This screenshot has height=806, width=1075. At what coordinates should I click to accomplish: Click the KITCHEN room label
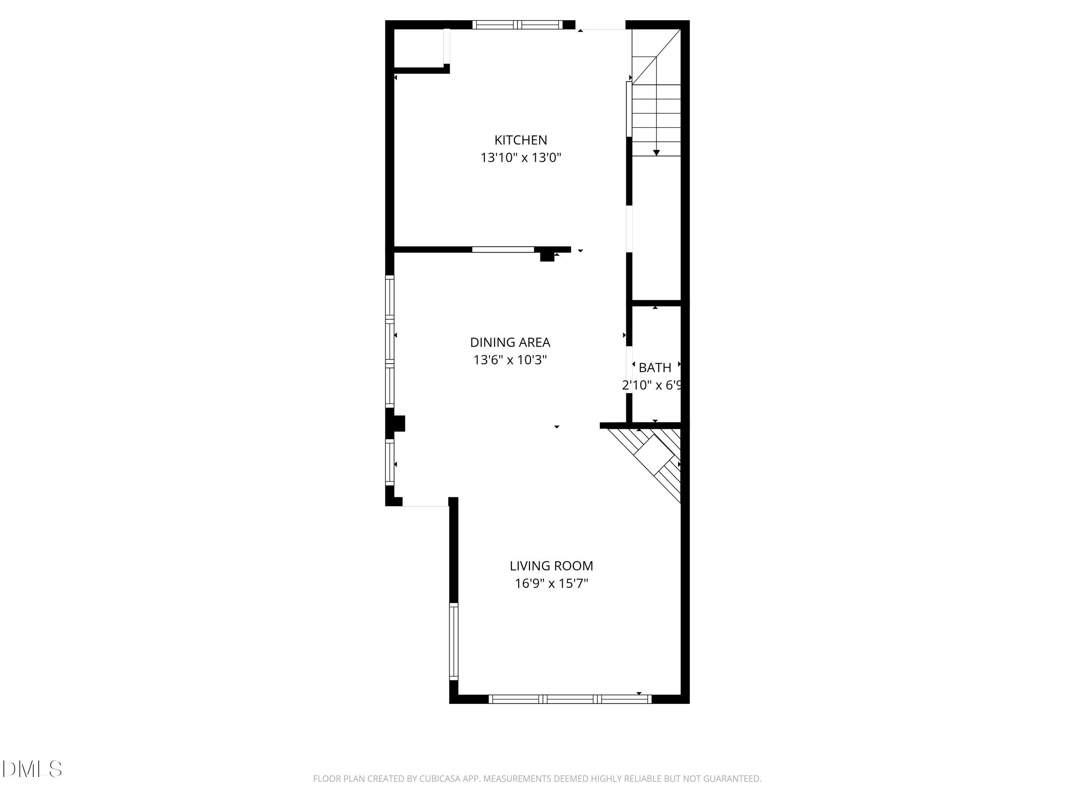point(521,140)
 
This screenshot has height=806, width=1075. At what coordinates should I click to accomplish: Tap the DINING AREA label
point(510,342)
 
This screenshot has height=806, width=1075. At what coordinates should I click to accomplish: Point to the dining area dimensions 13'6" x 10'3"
point(510,360)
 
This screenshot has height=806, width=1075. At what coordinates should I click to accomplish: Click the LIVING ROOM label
point(551,566)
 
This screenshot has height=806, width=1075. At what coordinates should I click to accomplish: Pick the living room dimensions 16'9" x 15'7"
point(551,583)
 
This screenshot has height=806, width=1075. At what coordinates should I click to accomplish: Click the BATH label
point(655,368)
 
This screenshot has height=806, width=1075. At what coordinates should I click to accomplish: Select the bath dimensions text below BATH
point(652,385)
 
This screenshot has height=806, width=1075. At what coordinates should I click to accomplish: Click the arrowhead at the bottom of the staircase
point(656,153)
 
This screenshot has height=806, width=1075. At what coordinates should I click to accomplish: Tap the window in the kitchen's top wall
point(517,25)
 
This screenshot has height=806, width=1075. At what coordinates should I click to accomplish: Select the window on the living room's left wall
point(453,641)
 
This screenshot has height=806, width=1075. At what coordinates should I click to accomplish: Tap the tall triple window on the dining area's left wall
point(389,341)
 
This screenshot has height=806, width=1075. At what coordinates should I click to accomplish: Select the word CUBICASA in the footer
point(440,779)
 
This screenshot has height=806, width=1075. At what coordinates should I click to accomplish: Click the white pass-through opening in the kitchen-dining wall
point(503,250)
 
